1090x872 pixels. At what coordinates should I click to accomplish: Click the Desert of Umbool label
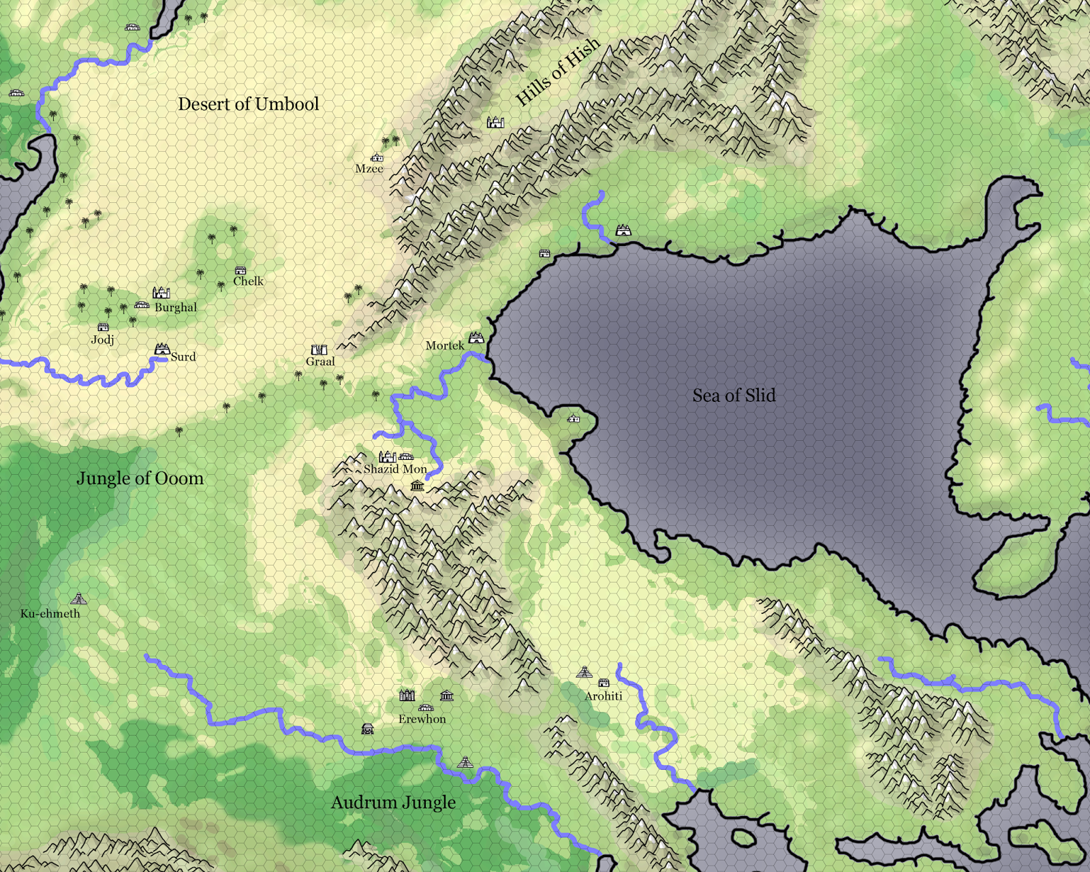249,104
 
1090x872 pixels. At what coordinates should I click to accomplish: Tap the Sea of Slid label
734,396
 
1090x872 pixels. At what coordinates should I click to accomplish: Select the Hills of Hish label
558,71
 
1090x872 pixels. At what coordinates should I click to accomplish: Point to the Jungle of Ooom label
140,478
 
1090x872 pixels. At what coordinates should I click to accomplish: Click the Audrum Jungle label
393,803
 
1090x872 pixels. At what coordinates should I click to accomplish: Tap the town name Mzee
369,169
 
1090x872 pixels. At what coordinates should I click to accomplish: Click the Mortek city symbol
476,338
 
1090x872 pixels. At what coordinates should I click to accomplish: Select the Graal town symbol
319,350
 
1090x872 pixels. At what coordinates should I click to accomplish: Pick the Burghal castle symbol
161,293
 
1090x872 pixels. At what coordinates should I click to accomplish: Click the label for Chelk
248,281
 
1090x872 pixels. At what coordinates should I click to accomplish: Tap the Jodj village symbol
103,328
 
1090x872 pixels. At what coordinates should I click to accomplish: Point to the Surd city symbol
161,349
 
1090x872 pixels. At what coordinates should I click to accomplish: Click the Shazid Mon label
395,469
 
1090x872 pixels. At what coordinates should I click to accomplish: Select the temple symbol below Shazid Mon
418,486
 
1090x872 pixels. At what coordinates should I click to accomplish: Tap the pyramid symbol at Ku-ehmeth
78,599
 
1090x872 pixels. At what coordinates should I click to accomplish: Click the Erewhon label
422,719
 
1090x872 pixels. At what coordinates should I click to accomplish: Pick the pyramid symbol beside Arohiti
584,672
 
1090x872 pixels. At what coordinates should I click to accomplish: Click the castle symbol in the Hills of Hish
495,123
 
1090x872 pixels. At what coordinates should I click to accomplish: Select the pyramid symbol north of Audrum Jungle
465,762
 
